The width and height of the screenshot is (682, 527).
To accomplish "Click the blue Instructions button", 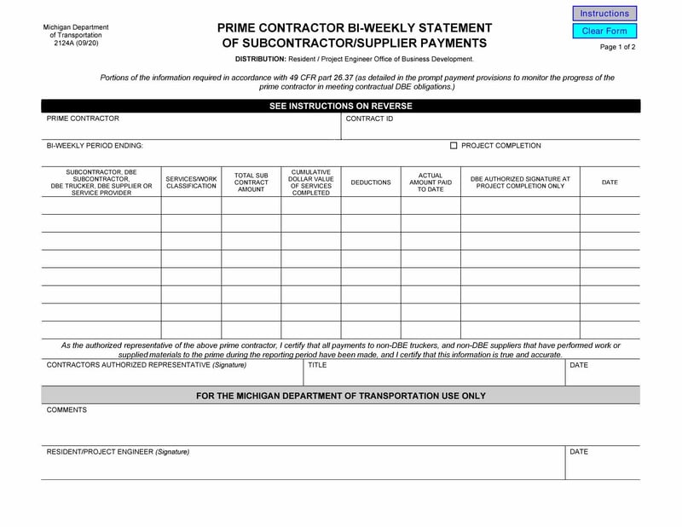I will tap(604, 14).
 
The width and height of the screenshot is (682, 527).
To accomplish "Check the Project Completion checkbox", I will tap(454, 146).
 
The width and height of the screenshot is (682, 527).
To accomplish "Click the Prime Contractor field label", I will tap(83, 119).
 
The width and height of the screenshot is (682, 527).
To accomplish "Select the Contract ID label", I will tap(369, 119).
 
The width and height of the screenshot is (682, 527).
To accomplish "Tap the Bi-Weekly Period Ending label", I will tap(95, 146).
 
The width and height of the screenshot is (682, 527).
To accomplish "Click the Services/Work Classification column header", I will tap(191, 182).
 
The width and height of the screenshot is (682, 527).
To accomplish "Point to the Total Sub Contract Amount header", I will tap(251, 182).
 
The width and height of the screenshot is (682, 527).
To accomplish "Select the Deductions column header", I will tap(371, 182).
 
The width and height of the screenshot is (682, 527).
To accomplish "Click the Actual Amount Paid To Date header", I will tap(431, 182).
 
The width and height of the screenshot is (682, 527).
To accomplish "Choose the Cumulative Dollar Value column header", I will tap(311, 182).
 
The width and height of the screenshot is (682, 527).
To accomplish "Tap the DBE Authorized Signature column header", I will tap(520, 182).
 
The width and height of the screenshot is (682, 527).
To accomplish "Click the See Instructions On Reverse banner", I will tap(340, 106).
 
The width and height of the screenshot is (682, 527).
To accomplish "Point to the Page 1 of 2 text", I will tap(617, 47).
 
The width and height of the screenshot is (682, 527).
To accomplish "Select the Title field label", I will tap(317, 365).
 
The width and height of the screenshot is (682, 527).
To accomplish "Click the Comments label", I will tap(66, 410).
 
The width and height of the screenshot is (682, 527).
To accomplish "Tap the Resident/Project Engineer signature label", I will tap(118, 451).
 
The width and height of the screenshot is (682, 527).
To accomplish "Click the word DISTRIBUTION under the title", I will tap(261, 59).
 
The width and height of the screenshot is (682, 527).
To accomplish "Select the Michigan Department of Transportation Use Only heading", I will tap(340, 396).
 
